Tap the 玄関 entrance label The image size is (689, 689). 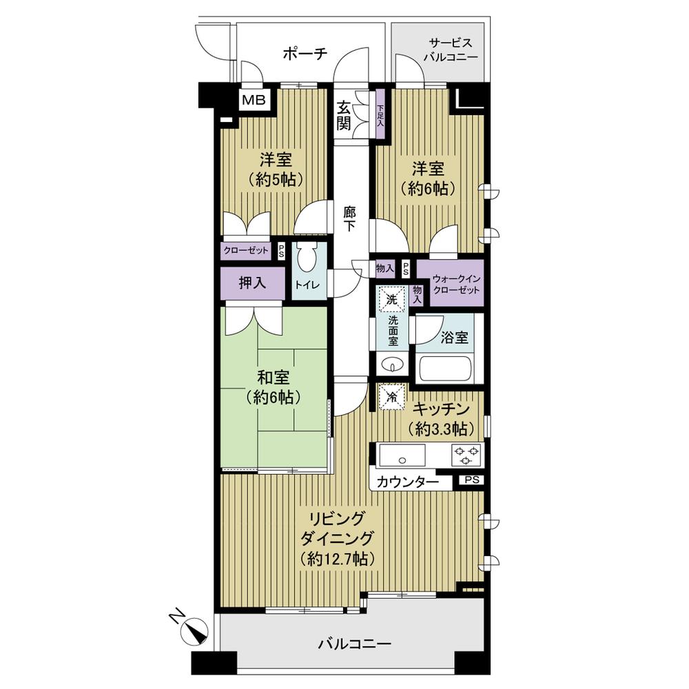click(x=344, y=115)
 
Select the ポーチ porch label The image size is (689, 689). click(x=304, y=54)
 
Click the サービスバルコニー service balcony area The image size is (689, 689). click(x=440, y=51)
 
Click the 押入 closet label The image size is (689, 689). click(x=252, y=282)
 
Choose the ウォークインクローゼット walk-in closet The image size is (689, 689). click(x=449, y=283)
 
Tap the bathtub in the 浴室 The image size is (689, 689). click(x=444, y=369)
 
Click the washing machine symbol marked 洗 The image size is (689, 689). click(x=391, y=300)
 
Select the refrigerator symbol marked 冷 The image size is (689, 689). click(x=391, y=397)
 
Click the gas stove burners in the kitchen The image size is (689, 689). click(x=465, y=455)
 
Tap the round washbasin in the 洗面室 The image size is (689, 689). click(x=391, y=364)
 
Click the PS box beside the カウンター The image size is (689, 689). click(x=470, y=480)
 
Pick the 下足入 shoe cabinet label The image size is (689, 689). click(x=380, y=114)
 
